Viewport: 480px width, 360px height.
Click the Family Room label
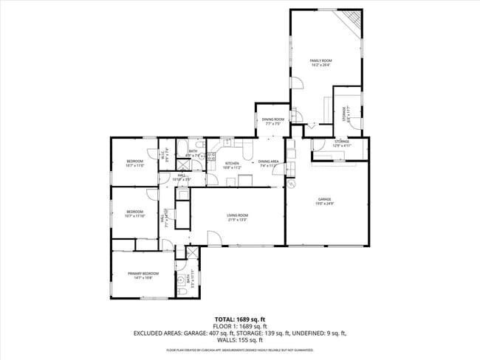click(x=320, y=62)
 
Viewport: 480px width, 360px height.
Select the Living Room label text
click(x=236, y=217)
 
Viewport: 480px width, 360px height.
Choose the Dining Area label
click(x=268, y=163)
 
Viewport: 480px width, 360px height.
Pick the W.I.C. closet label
click(x=166, y=154)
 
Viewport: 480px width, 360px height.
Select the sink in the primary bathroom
click(x=180, y=280)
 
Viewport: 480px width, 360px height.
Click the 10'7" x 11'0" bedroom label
click(x=134, y=163)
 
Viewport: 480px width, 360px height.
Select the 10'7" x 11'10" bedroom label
click(x=134, y=214)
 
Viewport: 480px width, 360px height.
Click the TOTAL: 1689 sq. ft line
click(x=240, y=319)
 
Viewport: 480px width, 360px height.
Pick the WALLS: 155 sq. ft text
click(x=240, y=340)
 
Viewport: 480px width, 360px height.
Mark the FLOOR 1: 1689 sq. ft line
click(x=240, y=326)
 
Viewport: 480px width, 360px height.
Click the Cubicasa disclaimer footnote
click(x=240, y=350)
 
